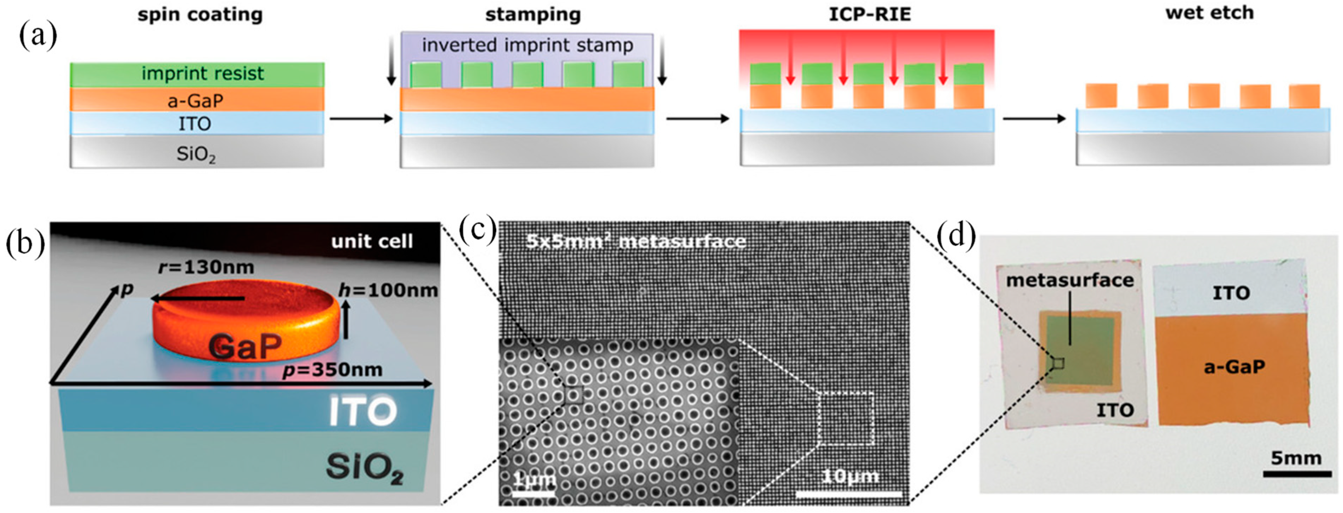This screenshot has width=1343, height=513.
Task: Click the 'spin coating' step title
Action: click(x=200, y=14)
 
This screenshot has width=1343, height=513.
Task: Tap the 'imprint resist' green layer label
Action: click(x=202, y=74)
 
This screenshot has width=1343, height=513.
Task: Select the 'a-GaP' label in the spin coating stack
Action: click(x=195, y=100)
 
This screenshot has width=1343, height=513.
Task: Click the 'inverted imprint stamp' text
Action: click(x=527, y=45)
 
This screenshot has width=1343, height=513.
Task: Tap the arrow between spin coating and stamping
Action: click(x=361, y=119)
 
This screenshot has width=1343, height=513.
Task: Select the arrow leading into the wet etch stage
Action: click(x=1034, y=119)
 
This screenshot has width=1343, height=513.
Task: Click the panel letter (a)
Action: click(x=37, y=36)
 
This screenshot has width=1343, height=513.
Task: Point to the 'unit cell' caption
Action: click(x=372, y=241)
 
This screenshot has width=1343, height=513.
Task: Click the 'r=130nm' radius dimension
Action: click(x=206, y=267)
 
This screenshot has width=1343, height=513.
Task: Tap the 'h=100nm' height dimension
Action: click(x=388, y=290)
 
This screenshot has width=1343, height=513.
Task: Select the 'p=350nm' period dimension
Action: click(x=332, y=370)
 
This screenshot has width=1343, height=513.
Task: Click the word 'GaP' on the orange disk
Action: click(x=245, y=346)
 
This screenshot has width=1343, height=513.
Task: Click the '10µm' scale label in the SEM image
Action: click(x=850, y=476)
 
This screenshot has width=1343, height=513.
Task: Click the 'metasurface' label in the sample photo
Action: click(x=1070, y=280)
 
